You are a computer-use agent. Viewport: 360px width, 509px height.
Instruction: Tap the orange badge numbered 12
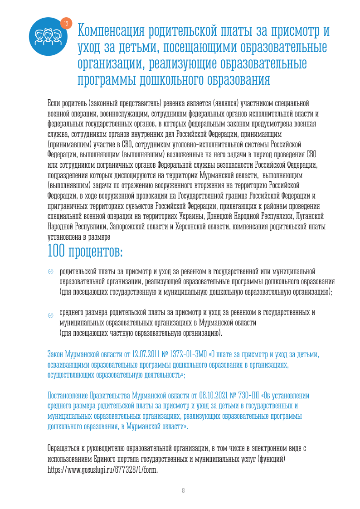click(66, 23)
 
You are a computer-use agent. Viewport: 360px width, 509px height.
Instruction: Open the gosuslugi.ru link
click(103, 470)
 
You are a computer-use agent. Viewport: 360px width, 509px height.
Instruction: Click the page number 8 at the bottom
click(183, 491)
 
